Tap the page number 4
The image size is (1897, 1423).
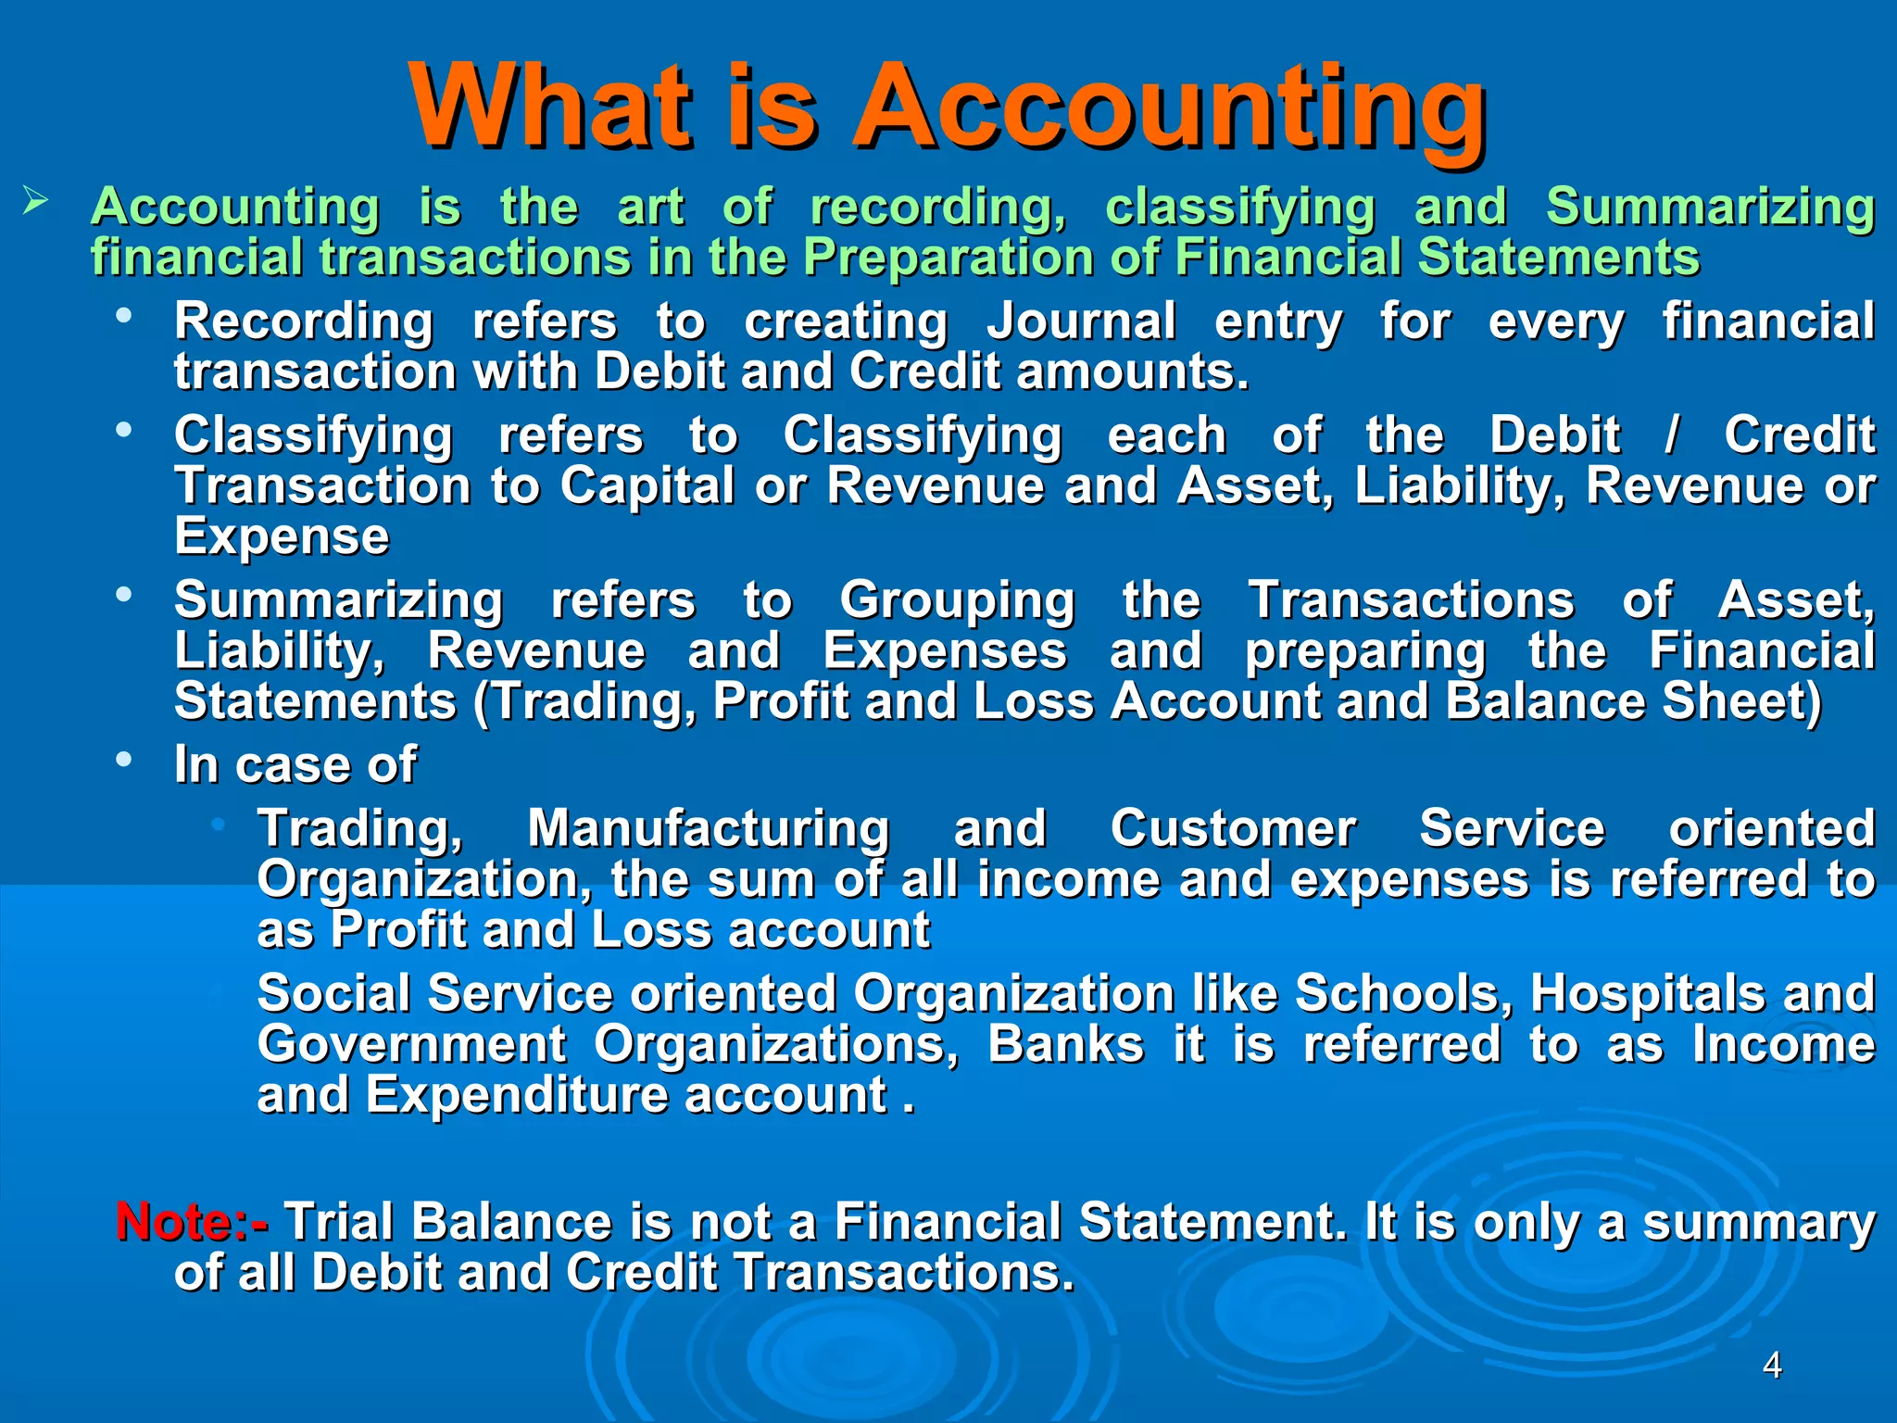point(1772,1365)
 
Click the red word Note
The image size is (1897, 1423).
point(173,1221)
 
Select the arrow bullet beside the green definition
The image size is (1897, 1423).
point(35,200)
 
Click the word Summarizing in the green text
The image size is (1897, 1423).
point(1710,206)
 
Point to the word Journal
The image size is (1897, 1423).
point(1081,321)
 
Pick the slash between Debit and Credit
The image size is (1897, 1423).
point(1671,435)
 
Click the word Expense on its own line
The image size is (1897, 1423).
point(282,536)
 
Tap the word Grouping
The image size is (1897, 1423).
point(957,600)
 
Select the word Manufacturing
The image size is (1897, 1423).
point(709,828)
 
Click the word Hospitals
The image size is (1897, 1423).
point(1647,994)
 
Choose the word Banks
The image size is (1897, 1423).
point(1065,1045)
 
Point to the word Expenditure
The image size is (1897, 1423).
point(516,1095)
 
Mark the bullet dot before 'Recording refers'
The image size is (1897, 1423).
point(124,316)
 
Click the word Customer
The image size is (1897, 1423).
point(1233,828)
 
